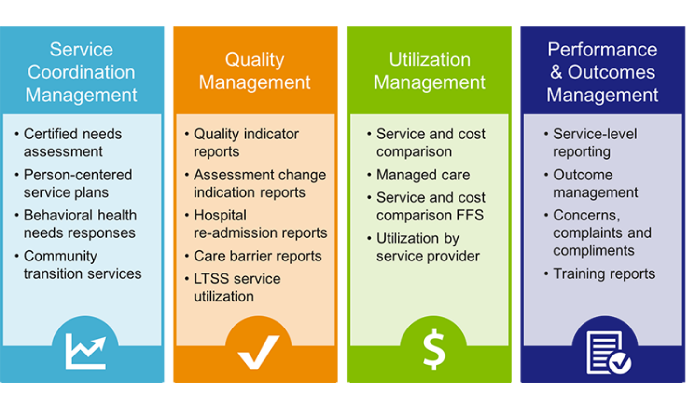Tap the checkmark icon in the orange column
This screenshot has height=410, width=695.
tap(259, 352)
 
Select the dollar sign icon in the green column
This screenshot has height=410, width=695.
tap(434, 350)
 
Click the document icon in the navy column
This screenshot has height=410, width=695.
tap(608, 353)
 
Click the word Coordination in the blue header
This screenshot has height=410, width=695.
tap(81, 72)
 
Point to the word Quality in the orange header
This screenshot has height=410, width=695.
tap(254, 60)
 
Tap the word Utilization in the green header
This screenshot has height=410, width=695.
tap(430, 59)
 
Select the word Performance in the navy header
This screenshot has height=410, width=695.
tap(602, 49)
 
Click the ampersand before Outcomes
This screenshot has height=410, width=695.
tap(556, 72)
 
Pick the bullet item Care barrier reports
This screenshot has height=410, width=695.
tap(258, 256)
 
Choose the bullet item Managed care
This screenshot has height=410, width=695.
tap(423, 175)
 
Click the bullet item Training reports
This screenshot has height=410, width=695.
tap(604, 274)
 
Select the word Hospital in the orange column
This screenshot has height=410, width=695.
tap(220, 215)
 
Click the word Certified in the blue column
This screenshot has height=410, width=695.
tap(51, 134)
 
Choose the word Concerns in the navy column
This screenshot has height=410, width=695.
tap(586, 215)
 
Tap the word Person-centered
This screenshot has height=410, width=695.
tap(78, 175)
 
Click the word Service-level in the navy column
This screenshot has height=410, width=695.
tap(595, 134)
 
